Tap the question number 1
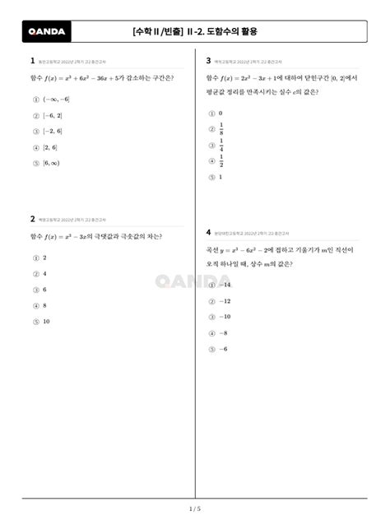(32, 61)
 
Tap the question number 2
(32, 220)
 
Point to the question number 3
(209, 61)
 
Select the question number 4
(209, 233)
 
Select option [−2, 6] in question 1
(53, 131)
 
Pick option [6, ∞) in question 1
(52, 163)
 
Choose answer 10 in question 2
(46, 322)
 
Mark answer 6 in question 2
(44, 290)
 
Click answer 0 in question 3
(221, 113)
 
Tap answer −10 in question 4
(225, 317)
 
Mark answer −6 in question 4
(224, 349)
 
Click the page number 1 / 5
(195, 509)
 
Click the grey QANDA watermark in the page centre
(194, 281)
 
